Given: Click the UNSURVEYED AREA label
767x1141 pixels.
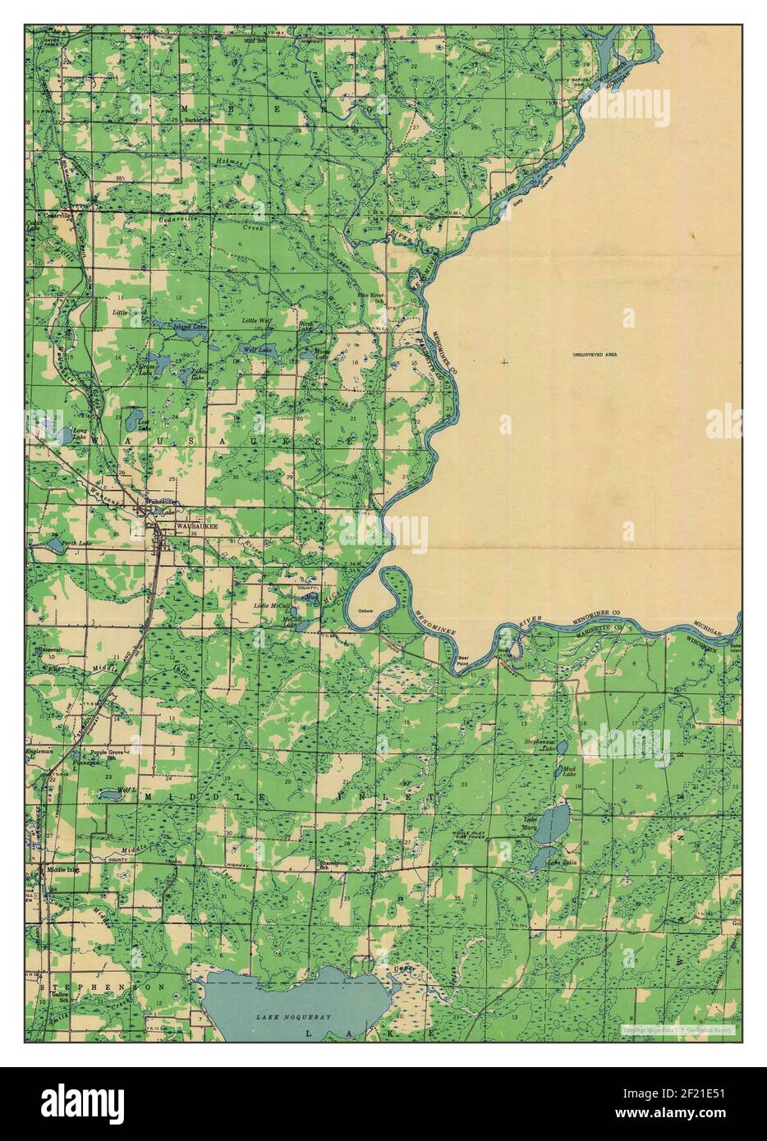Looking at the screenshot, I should (x=595, y=355).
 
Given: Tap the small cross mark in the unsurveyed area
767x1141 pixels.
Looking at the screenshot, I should (x=503, y=362).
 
